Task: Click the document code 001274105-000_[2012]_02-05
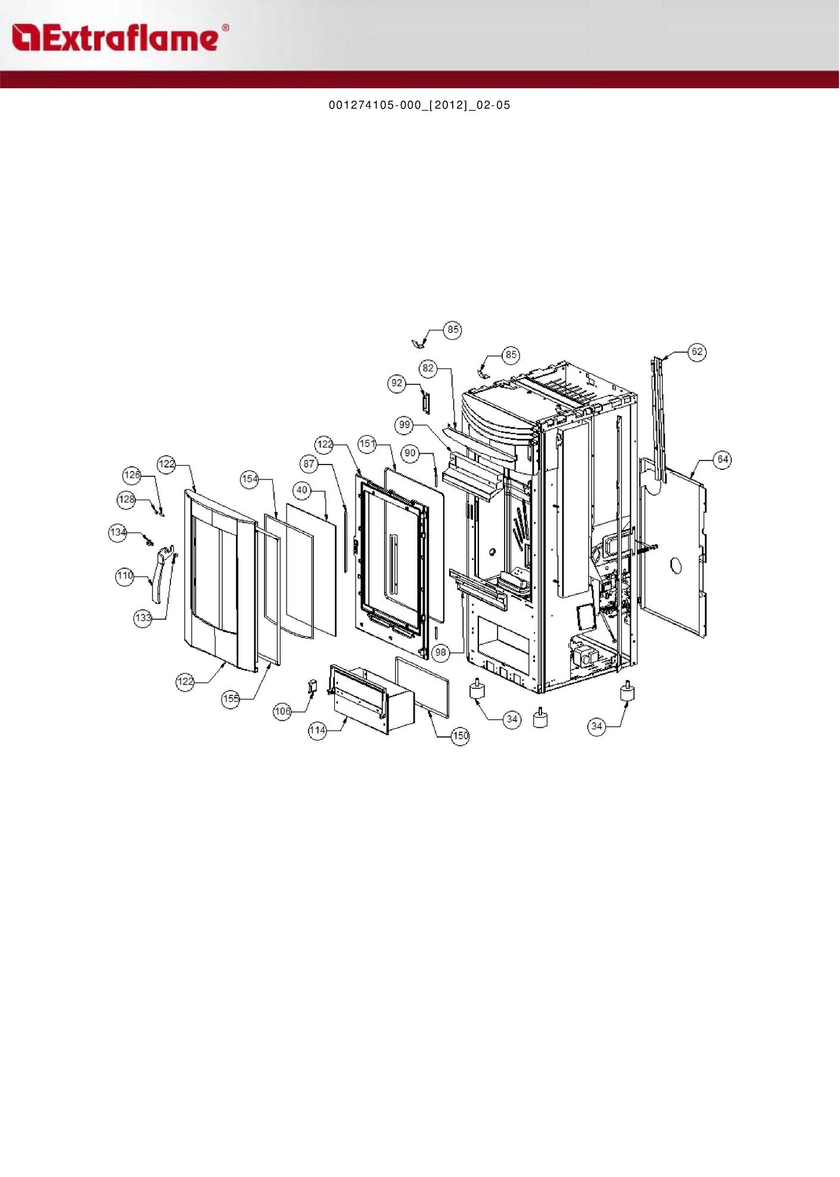[419, 105]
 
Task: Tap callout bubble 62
[697, 352]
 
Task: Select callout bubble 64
[723, 460]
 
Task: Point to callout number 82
[428, 368]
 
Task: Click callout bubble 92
[397, 383]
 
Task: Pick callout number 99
[405, 425]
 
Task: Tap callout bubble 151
[367, 444]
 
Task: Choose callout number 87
[309, 464]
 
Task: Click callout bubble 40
[302, 490]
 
